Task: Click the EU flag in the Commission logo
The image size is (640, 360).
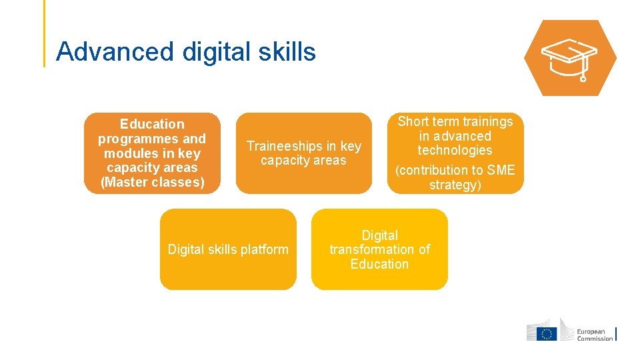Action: click(547, 333)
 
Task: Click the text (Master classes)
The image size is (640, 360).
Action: click(152, 182)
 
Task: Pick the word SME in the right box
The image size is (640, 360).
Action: click(501, 170)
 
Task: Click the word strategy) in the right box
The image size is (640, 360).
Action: click(455, 185)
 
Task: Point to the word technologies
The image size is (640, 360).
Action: click(455, 151)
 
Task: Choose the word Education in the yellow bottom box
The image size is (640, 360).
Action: click(379, 264)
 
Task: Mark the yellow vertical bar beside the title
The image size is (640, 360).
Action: click(45, 33)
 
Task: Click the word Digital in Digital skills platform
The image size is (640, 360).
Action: click(186, 250)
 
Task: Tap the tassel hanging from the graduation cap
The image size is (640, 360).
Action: click(583, 75)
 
